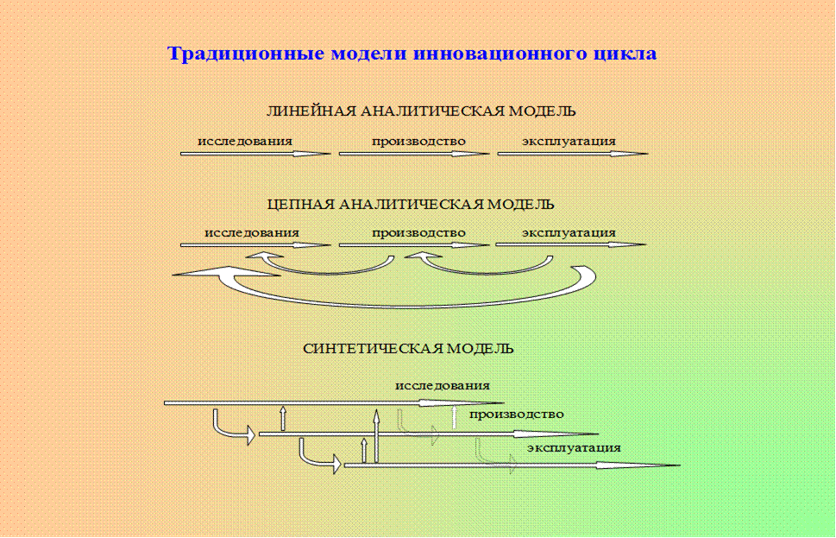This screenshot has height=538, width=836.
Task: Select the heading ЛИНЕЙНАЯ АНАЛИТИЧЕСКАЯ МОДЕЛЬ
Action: click(x=420, y=111)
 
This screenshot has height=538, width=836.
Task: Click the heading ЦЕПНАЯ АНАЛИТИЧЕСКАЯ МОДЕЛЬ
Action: click(x=411, y=205)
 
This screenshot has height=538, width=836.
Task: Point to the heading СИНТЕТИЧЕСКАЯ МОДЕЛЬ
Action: click(x=408, y=349)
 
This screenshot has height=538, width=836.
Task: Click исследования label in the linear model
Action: click(x=244, y=141)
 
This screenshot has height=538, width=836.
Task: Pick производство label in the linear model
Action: click(x=418, y=141)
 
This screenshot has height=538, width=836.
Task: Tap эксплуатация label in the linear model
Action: click(x=568, y=141)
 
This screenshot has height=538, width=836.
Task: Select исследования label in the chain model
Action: click(x=251, y=232)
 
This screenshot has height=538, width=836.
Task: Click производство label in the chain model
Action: click(x=418, y=232)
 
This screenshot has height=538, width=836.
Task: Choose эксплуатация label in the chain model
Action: click(x=568, y=232)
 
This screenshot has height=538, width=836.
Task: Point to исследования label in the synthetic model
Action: click(x=442, y=385)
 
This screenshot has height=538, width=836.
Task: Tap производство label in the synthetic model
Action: click(x=516, y=414)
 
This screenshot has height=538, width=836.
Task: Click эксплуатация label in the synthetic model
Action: click(x=574, y=447)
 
